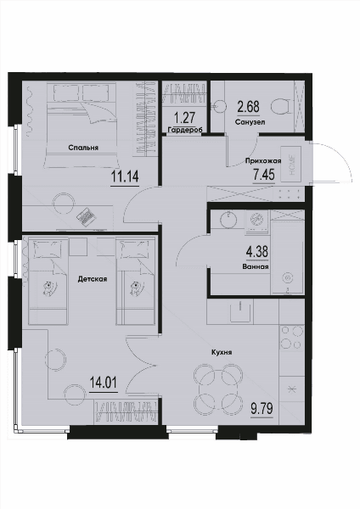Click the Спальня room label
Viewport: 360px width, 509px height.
(83, 148)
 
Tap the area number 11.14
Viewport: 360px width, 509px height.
(125, 176)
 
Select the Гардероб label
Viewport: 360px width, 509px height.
(185, 130)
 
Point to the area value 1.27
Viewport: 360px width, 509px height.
(184, 118)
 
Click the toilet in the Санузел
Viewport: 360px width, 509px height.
(280, 106)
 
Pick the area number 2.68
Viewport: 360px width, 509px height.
(249, 107)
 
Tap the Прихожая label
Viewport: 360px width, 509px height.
(263, 160)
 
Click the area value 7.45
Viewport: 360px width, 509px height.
(264, 175)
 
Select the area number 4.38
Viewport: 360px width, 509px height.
(257, 252)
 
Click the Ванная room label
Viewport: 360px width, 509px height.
(256, 267)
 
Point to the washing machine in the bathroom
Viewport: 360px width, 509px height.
(257, 221)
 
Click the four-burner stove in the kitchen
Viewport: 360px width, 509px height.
(291, 338)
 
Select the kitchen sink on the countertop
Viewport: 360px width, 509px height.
(240, 311)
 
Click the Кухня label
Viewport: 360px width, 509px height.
(222, 352)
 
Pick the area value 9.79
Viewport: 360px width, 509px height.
(262, 408)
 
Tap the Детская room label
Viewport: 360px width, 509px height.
(93, 279)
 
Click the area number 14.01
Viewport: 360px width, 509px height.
(104, 383)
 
